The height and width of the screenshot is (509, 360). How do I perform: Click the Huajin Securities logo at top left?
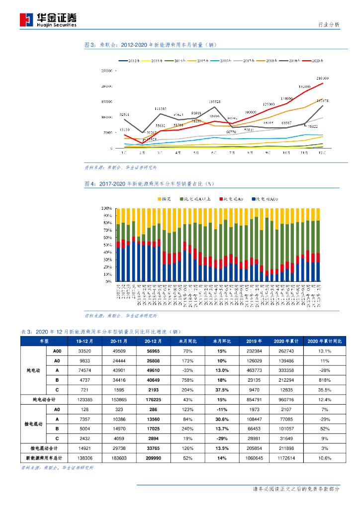[48, 19]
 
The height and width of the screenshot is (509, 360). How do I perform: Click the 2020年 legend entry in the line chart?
[315, 61]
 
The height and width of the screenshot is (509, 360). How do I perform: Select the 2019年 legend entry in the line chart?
[292, 61]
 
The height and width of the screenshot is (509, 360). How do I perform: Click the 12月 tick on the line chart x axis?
[322, 153]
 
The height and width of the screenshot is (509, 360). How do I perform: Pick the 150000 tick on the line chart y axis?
[107, 102]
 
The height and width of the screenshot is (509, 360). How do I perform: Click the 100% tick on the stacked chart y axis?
[107, 208]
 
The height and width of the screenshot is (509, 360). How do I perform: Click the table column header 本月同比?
[187, 341]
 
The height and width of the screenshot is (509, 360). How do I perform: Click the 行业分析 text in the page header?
[329, 24]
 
